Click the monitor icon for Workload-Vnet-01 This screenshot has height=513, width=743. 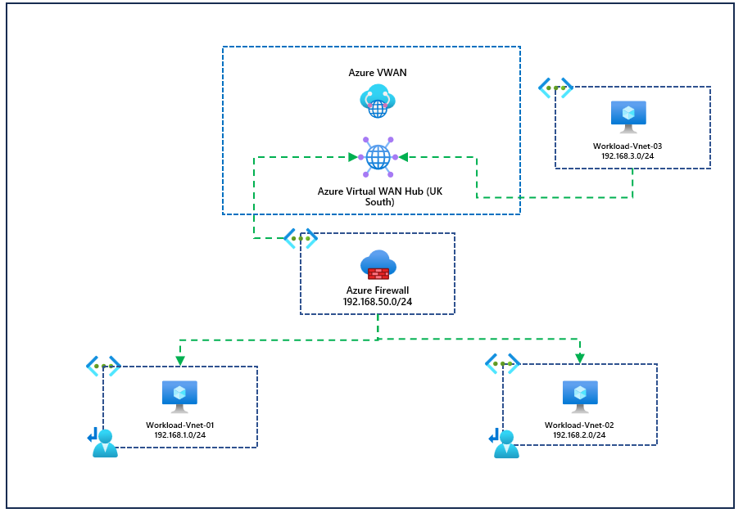(179, 397)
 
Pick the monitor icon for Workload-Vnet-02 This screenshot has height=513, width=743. (579, 397)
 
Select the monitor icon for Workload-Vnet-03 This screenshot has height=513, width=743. (628, 117)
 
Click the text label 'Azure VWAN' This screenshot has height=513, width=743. (378, 73)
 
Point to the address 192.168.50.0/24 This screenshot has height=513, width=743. (378, 302)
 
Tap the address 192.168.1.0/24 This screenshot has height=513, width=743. (179, 435)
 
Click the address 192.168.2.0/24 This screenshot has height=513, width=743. (579, 435)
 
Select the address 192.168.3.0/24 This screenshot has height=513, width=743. (628, 155)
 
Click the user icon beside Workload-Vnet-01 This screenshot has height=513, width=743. (104, 442)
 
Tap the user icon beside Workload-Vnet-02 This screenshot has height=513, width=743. (504, 442)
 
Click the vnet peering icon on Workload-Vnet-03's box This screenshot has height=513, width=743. (555, 88)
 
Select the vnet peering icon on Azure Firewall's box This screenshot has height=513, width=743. (301, 238)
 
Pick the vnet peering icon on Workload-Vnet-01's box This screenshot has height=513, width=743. (103, 366)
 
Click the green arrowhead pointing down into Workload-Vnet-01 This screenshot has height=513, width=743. (179, 360)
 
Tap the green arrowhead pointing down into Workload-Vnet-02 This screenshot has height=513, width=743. (579, 358)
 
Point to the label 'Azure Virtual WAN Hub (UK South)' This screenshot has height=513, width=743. (379, 196)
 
